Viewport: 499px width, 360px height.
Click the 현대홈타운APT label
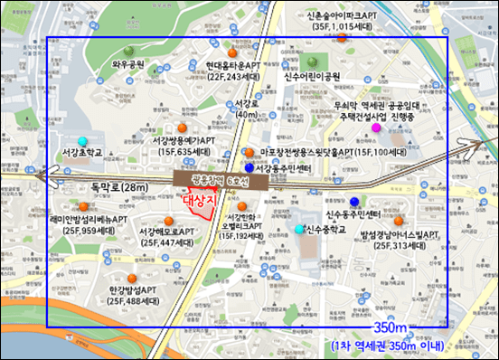tap(219, 65)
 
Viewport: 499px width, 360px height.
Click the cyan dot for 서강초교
tap(83, 141)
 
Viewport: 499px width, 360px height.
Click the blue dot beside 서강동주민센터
tap(249, 167)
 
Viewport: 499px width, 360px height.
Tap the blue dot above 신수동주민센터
tap(355, 201)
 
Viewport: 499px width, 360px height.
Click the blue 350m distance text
tap(391, 327)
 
